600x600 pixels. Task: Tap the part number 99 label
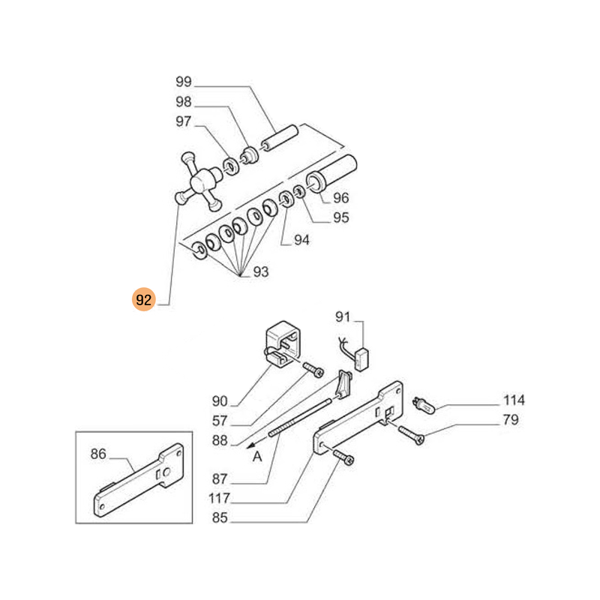tap(184, 82)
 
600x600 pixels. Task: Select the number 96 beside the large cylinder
tap(341, 199)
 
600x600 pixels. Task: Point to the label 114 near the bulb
tap(513, 400)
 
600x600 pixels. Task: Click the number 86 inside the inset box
tap(99, 454)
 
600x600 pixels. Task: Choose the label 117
tap(220, 499)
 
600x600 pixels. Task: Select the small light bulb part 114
tap(424, 405)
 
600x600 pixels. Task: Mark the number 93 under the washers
tap(259, 271)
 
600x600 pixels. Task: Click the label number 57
tap(220, 421)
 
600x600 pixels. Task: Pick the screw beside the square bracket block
tap(313, 368)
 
